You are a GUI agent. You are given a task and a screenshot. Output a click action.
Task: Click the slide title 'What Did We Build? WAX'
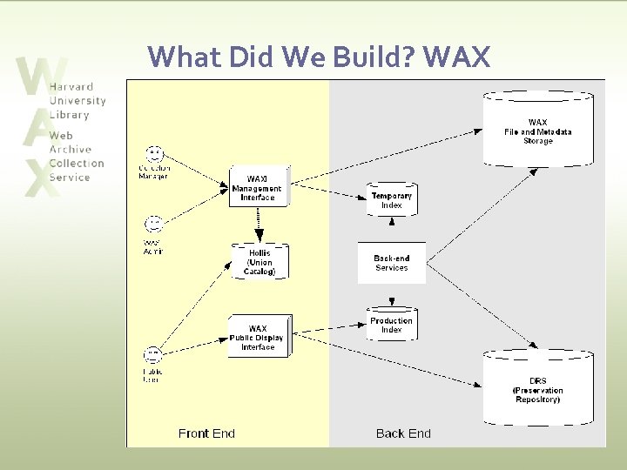320,57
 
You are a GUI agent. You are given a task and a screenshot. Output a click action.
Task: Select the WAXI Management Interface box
257,188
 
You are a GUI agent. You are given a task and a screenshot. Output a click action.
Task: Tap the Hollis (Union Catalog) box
260,262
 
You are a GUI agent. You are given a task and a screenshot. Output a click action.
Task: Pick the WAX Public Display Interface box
258,338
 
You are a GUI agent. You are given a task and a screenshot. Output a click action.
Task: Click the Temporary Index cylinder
391,200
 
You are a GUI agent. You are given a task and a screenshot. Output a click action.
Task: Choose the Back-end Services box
391,263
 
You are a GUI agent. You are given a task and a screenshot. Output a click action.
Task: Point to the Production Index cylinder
391,325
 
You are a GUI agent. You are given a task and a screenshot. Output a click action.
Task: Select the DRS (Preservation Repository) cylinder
538,387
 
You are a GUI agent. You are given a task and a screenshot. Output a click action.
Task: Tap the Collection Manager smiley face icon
154,154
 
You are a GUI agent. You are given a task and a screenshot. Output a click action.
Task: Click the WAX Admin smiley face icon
153,225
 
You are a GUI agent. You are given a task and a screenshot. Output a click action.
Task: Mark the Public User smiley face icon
153,355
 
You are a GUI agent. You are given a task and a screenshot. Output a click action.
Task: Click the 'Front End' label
206,433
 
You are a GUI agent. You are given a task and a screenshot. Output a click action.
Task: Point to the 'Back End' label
403,433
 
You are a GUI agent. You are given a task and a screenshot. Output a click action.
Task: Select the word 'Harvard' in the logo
71,87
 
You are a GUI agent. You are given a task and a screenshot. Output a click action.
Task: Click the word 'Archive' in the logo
70,150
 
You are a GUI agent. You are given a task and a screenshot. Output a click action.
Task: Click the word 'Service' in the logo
70,178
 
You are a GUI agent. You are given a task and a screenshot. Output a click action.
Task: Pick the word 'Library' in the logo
69,115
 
